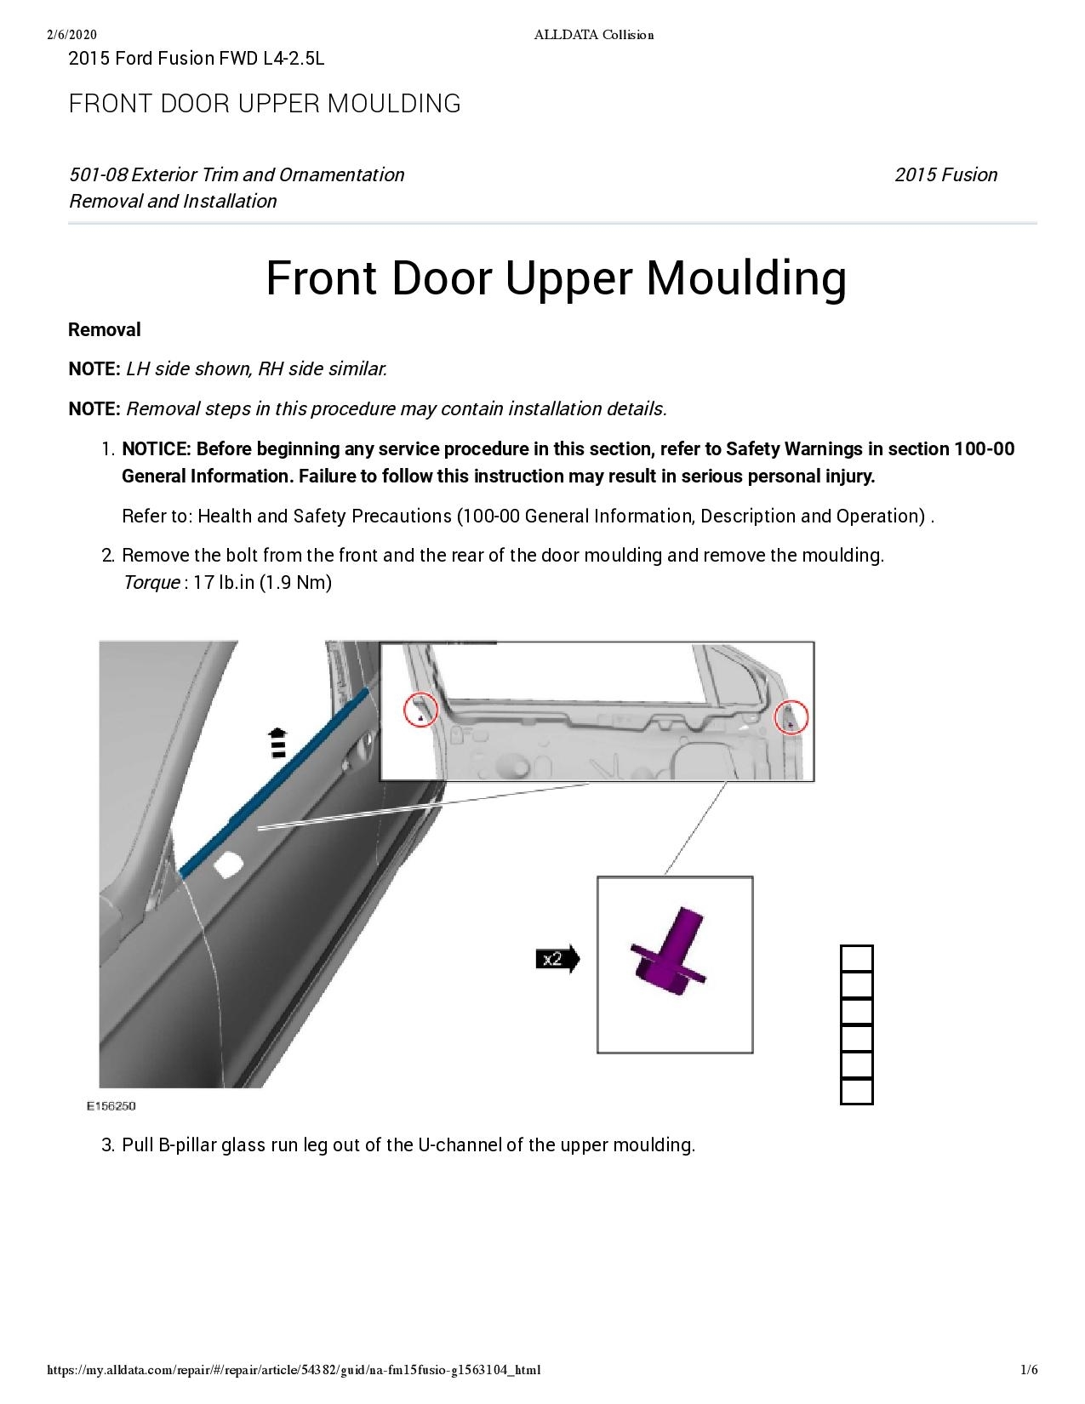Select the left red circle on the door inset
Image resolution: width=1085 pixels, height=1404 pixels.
[x=420, y=710]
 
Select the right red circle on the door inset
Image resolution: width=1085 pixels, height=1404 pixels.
[x=791, y=718]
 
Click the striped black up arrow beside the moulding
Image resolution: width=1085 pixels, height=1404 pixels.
[x=277, y=743]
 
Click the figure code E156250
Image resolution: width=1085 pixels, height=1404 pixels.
[x=111, y=1106]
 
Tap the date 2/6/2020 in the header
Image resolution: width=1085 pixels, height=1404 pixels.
[x=72, y=34]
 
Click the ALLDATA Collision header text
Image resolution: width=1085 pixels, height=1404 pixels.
[x=593, y=34]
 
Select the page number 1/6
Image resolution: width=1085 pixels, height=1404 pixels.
[x=1029, y=1370]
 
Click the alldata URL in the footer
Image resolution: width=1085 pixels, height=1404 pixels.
[x=294, y=1370]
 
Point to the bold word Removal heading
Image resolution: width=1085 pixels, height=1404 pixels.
[x=105, y=329]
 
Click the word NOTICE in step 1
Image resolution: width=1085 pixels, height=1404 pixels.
[x=156, y=448]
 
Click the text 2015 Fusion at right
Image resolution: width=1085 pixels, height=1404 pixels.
[x=945, y=174]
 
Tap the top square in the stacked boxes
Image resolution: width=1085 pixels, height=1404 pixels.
[x=856, y=959]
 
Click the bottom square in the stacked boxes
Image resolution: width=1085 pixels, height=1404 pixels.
[x=856, y=1091]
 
